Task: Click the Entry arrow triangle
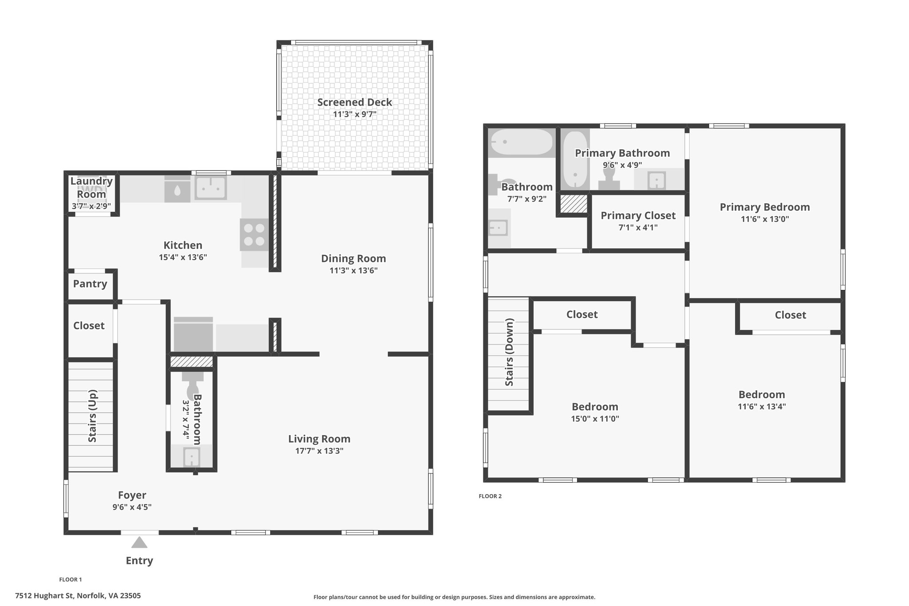point(139,542)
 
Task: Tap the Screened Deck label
point(355,102)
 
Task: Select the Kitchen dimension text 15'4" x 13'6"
point(183,257)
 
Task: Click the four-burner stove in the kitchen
point(254,234)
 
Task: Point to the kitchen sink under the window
point(211,188)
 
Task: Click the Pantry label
point(90,284)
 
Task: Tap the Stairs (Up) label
point(92,416)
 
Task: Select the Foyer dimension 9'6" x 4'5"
point(132,507)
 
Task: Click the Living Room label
point(319,439)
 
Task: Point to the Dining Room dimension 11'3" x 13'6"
point(353,270)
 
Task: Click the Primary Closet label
point(638,216)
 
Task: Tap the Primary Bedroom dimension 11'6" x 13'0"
point(765,219)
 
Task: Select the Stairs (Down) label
point(509,352)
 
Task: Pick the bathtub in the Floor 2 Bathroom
point(522,142)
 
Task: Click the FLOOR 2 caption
point(490,496)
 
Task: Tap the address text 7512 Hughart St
point(45,596)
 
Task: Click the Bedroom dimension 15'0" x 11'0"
point(595,419)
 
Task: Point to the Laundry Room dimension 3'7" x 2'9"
point(91,206)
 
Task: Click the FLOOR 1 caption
point(71,579)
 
